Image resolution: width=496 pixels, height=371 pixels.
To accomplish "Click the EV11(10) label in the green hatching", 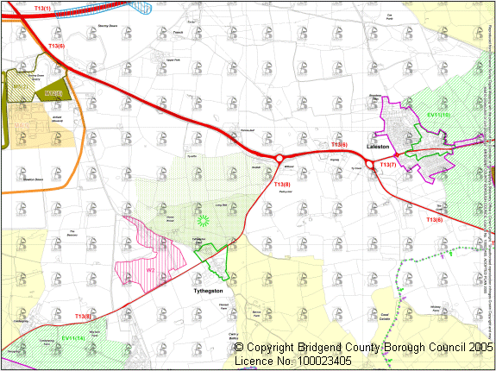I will tap(438, 116).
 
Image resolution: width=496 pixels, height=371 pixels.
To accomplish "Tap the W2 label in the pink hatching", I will tap(149, 271).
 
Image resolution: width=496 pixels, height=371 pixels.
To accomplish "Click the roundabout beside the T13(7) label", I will tap(373, 166).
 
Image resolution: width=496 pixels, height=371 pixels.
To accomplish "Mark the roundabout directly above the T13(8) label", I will tap(279, 158).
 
